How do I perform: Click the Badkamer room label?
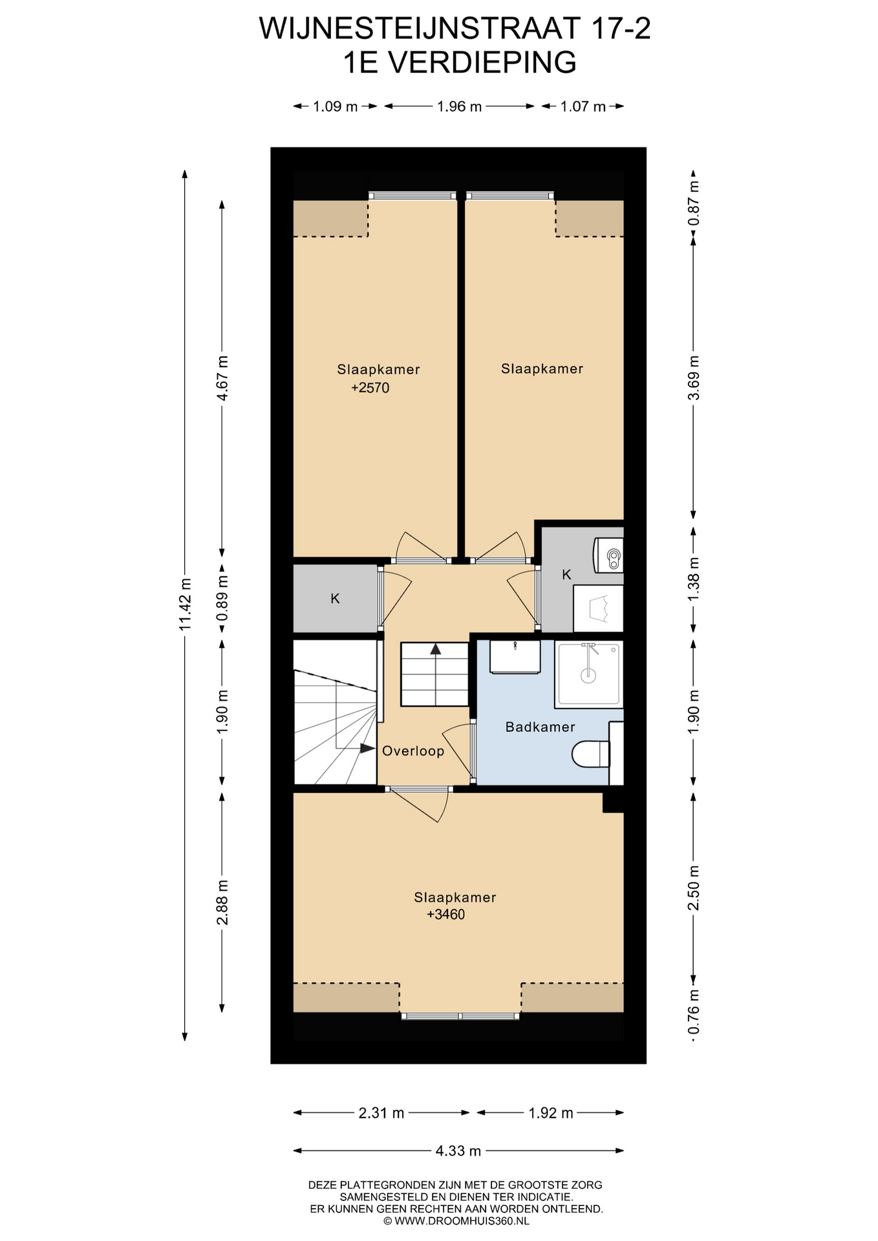[540, 727]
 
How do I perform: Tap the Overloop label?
[413, 751]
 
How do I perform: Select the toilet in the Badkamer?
[591, 754]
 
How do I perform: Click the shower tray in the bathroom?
[589, 674]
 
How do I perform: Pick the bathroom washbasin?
[515, 657]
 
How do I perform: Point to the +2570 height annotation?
[370, 388]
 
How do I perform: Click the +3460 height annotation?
[446, 915]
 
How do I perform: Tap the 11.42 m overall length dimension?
[186, 604]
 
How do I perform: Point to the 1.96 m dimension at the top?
[460, 107]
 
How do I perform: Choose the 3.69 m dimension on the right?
[694, 378]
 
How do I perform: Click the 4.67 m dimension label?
[222, 378]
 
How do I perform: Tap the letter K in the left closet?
[335, 599]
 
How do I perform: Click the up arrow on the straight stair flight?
[436, 648]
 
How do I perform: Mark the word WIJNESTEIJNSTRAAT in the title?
[420, 28]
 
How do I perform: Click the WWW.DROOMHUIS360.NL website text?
[462, 1221]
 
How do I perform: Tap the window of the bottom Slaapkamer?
[460, 1015]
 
